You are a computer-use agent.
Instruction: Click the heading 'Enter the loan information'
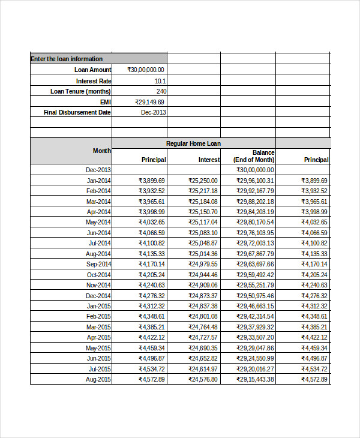[67, 59]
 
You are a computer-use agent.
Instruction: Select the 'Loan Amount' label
[93, 70]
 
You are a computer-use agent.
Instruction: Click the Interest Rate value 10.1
[160, 80]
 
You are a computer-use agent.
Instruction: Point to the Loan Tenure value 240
[161, 91]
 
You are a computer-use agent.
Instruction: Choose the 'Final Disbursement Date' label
[77, 112]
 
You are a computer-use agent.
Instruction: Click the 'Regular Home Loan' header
[193, 143]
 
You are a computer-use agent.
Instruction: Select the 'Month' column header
[102, 151]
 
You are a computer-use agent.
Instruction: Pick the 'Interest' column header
[209, 160]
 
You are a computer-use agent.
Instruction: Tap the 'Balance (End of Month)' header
[254, 156]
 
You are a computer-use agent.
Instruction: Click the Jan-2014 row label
[99, 181]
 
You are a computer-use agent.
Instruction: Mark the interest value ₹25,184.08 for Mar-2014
[203, 202]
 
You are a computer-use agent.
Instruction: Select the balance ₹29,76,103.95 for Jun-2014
[255, 233]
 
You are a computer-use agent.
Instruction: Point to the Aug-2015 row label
[99, 379]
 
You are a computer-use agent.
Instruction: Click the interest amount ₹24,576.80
[203, 379]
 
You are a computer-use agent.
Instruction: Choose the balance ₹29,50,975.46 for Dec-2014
[255, 296]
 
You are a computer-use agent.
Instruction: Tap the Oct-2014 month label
[99, 275]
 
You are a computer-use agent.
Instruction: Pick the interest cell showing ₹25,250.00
[203, 181]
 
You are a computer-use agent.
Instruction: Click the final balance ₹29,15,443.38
[255, 379]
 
